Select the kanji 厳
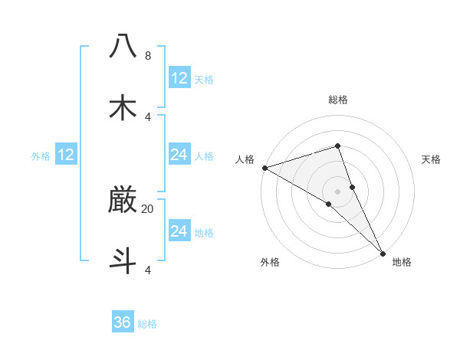(x=123, y=200)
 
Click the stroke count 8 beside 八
(x=148, y=56)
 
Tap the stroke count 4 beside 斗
(x=148, y=270)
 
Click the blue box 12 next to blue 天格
(x=179, y=78)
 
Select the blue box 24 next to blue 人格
(x=179, y=155)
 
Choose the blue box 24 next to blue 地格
(x=179, y=231)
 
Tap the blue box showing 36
(x=123, y=322)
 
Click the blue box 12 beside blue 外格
(x=66, y=155)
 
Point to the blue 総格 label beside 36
(x=148, y=324)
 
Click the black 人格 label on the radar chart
(x=245, y=159)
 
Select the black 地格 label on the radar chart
(x=402, y=262)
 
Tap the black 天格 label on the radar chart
(x=432, y=159)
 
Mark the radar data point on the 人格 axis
(x=264, y=168)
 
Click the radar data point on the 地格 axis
(x=383, y=252)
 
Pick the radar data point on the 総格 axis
(x=337, y=146)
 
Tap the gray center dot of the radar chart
(x=337, y=191)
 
